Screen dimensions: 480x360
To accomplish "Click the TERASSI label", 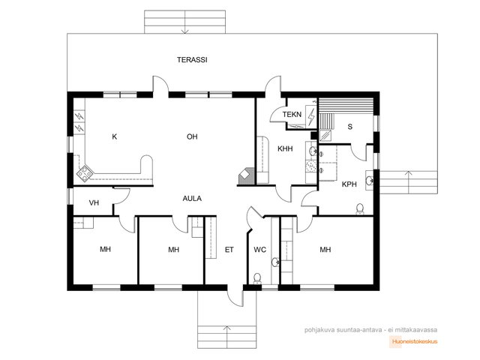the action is tap(192, 60).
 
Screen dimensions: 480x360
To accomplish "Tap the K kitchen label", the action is tap(115, 136).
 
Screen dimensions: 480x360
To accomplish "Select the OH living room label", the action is tap(192, 136).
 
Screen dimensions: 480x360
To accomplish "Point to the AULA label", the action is tap(192, 198).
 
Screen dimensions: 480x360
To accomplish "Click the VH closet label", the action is tap(94, 202).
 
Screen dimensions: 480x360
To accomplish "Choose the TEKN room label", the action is tap(292, 115).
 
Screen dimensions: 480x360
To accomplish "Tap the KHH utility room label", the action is tap(285, 148).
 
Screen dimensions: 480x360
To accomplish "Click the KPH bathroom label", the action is tap(349, 184).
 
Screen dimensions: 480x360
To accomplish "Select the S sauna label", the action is tap(350, 127).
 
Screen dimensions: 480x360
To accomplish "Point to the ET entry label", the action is tap(229, 250).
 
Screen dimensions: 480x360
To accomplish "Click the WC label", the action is tap(260, 250).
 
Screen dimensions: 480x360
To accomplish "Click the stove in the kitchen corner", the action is tap(85, 173).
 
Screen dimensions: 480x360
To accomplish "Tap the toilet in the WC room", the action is tap(257, 278).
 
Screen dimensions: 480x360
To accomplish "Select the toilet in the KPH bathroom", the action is tap(360, 209).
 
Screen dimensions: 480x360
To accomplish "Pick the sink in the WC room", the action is tap(275, 262).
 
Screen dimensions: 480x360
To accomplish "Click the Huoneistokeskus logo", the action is tap(415, 342).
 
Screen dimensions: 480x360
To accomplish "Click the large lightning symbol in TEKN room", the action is tap(311, 117).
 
